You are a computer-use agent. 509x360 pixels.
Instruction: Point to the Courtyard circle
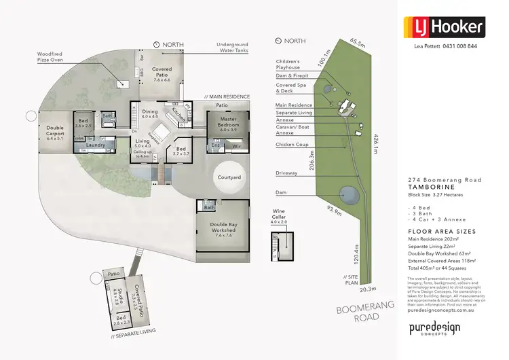[x=229, y=177]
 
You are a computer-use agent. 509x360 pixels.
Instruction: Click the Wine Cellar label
[x=279, y=215]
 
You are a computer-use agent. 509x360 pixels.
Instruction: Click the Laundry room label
[x=94, y=144]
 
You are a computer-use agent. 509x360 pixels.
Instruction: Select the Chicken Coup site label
[x=292, y=145]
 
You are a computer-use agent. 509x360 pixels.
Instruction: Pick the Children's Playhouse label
[x=288, y=65]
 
